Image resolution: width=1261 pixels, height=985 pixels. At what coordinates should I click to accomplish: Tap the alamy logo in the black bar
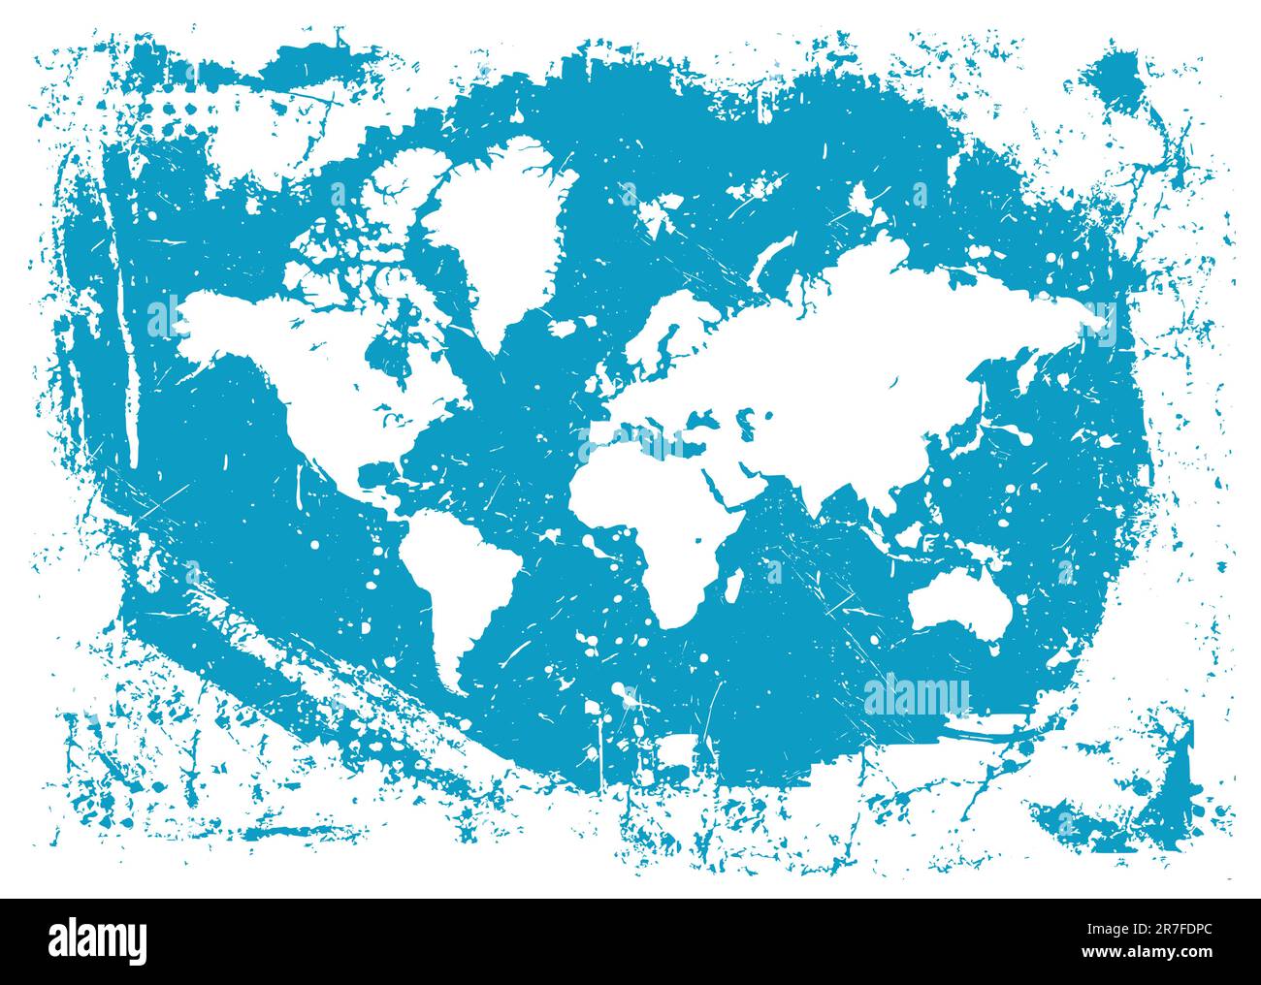[98, 940]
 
